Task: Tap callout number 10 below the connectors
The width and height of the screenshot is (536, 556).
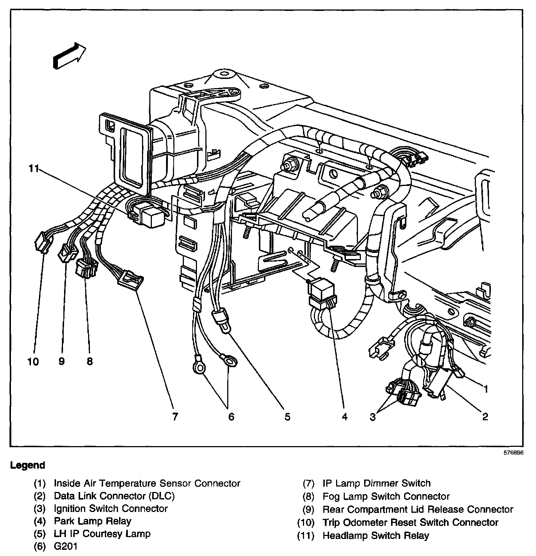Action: (x=33, y=362)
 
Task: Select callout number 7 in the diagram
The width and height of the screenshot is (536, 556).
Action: (x=175, y=417)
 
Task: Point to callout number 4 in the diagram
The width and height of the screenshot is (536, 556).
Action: (x=344, y=417)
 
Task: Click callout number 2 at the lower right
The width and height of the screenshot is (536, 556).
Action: (x=485, y=417)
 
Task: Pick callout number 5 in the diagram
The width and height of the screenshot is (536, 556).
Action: (x=288, y=417)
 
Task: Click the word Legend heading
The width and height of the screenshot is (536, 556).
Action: (x=28, y=465)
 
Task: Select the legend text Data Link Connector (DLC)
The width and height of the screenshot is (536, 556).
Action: (x=114, y=496)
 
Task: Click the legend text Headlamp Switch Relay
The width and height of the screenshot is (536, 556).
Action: (x=376, y=536)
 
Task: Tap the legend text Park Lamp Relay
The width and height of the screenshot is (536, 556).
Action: (x=92, y=521)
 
